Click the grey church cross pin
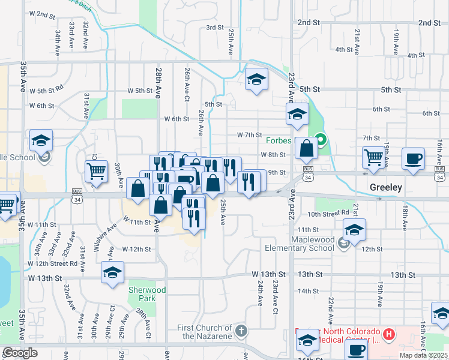pos(241,331)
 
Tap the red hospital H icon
pos(388,334)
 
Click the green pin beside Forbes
pos(321,141)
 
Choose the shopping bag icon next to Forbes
pos(306,149)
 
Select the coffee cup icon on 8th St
pos(413,159)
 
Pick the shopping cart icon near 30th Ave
pos(96,171)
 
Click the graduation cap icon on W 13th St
pos(112,273)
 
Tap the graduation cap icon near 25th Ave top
pos(256,80)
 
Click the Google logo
pos(20,352)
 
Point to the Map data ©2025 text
pos(424,355)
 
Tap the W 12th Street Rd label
pos(52,263)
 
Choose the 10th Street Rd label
pos(328,213)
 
